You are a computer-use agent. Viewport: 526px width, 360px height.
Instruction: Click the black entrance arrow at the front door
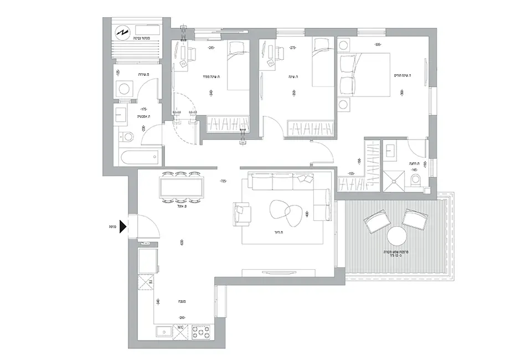pos(124,225)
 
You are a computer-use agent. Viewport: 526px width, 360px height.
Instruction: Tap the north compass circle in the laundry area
pos(121,32)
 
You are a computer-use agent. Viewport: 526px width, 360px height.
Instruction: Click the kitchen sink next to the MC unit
pos(164,332)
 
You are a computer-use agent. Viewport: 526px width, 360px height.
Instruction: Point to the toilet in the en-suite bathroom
pos(416,179)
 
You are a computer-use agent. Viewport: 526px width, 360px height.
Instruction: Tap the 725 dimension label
pos(224,181)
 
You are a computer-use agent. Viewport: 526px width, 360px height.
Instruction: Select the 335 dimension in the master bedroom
pos(378,45)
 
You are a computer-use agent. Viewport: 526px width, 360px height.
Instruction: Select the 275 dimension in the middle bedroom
pos(293,48)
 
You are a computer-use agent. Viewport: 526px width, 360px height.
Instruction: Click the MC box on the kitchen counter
pos(181,332)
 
